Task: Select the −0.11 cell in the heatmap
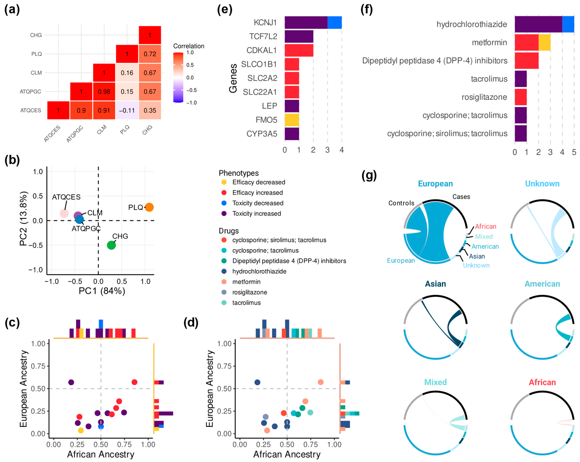tap(127, 110)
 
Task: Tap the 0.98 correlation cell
tap(104, 91)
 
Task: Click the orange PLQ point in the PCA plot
tap(149, 207)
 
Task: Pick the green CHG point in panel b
tap(111, 245)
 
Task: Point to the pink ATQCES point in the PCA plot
tap(64, 213)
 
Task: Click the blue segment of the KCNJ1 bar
tap(334, 23)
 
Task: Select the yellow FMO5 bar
tap(292, 120)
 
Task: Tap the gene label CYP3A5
tap(262, 134)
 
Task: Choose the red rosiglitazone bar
tap(520, 97)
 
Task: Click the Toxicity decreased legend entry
tap(258, 203)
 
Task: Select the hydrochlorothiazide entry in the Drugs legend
tap(259, 271)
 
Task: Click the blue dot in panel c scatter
tap(101, 427)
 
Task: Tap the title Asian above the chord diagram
tap(435, 284)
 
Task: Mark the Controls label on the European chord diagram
tap(401, 203)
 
